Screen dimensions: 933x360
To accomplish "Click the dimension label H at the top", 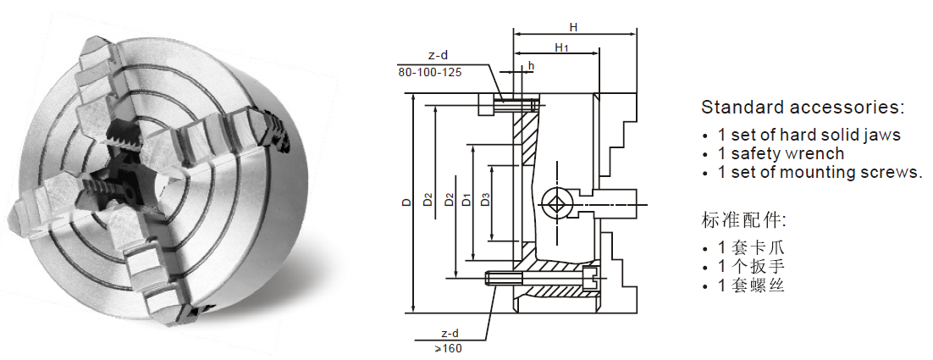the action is pyautogui.click(x=574, y=27).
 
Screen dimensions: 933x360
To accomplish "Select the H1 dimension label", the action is pyautogui.click(x=561, y=47).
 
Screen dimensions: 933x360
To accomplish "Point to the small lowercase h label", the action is pyautogui.click(x=531, y=65).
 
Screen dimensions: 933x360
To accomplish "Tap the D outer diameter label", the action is pyautogui.click(x=406, y=202).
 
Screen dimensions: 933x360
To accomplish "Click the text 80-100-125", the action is pyautogui.click(x=429, y=72).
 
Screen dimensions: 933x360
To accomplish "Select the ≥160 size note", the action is pyautogui.click(x=448, y=347).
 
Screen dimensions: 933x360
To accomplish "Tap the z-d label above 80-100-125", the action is pyautogui.click(x=438, y=55).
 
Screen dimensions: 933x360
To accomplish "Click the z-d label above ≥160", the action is pyautogui.click(x=450, y=333).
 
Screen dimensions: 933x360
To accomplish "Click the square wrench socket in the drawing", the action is pyautogui.click(x=555, y=204).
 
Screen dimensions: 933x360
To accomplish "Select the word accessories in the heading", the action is pyautogui.click(x=847, y=108).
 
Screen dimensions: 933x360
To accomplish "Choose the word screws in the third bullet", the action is pyautogui.click(x=892, y=173).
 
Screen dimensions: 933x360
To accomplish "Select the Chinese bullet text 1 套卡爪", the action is pyautogui.click(x=751, y=248).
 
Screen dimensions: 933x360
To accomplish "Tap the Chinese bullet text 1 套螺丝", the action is pyautogui.click(x=751, y=285).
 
